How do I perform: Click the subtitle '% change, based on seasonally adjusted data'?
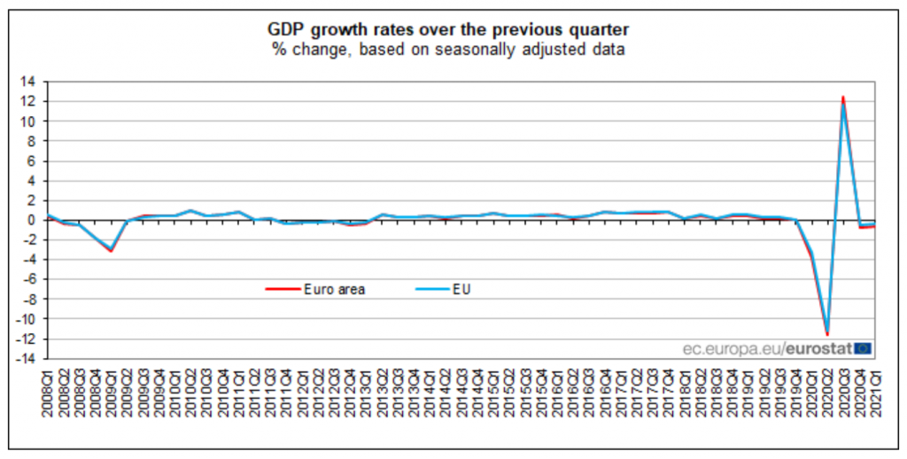448,49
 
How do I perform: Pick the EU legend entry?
462,289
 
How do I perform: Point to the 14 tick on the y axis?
28,82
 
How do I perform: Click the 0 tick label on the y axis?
31,220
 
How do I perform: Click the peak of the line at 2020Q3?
843,97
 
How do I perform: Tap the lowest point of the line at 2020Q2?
827,334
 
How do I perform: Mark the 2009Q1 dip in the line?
110,250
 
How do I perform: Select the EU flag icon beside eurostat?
864,348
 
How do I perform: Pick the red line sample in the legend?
281,289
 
